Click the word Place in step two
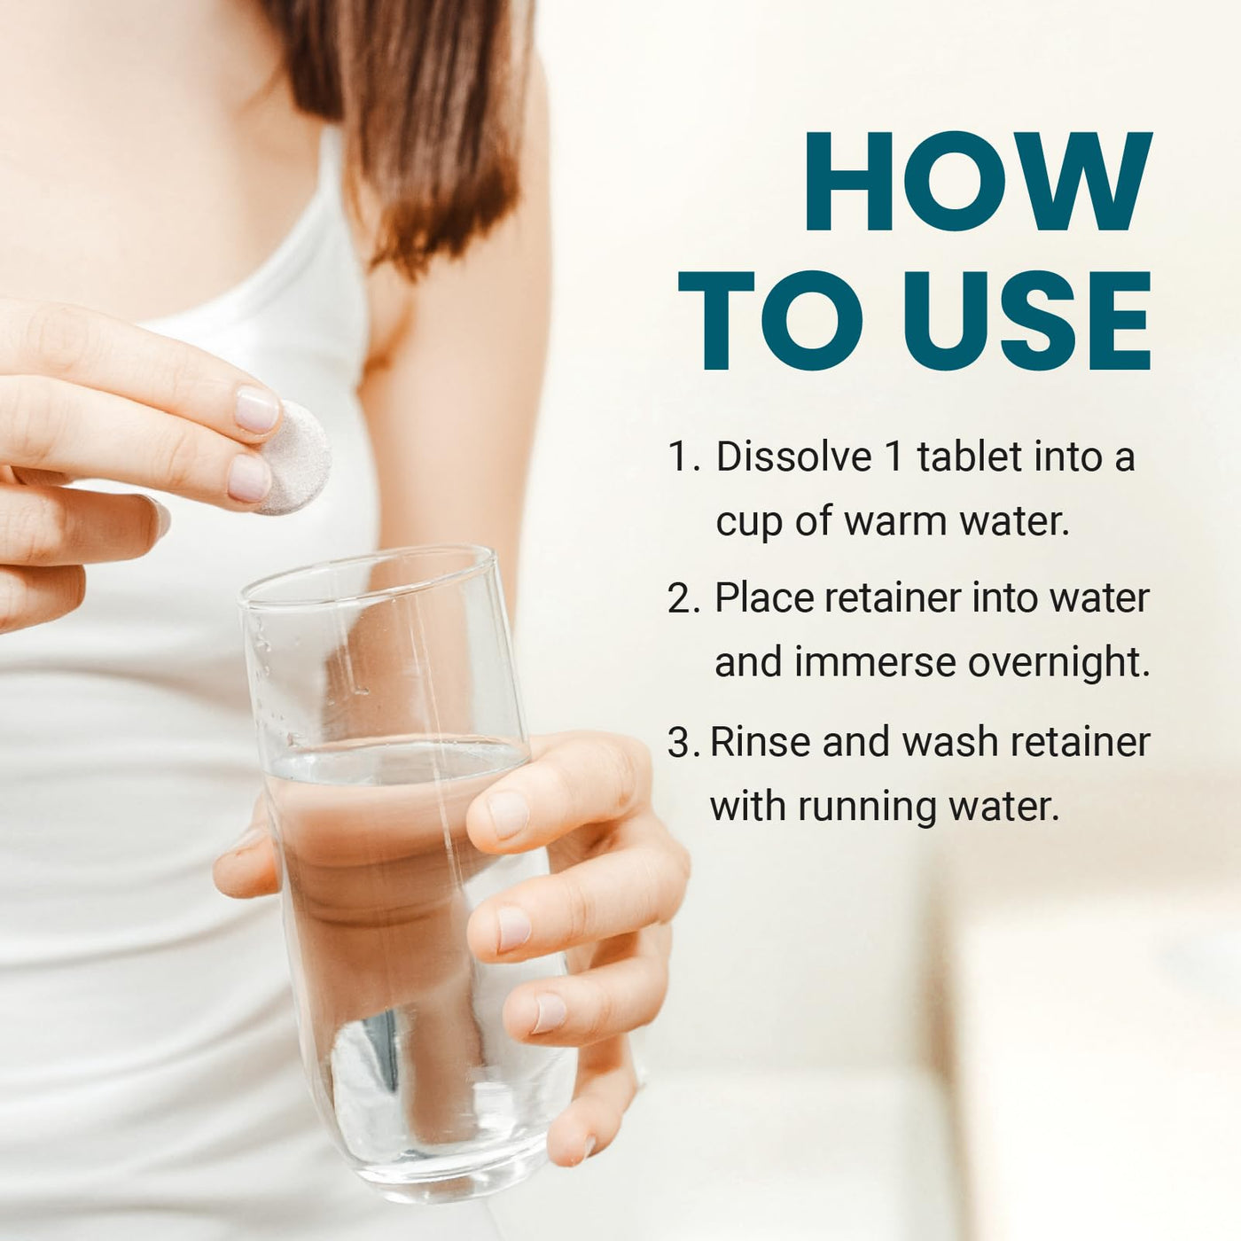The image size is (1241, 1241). coord(764,597)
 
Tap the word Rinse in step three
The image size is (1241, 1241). coord(760,741)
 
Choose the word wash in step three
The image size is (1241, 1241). coord(950,741)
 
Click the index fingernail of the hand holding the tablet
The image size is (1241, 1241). coord(256,409)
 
